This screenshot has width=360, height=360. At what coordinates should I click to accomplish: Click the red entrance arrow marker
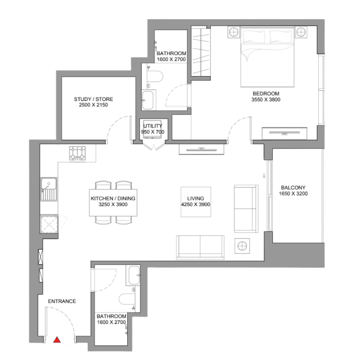pos(57,340)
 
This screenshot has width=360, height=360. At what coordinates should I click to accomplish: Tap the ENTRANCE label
pos(62,301)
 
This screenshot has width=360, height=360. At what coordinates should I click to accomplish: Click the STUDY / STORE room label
pos(93,99)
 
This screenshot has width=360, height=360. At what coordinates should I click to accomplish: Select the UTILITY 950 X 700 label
pos(153,129)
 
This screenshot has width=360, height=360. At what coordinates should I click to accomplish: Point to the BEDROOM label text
pos(266,93)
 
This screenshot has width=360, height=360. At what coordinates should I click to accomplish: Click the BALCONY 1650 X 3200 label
pos(293,190)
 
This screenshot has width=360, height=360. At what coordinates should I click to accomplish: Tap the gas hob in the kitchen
pos(77,153)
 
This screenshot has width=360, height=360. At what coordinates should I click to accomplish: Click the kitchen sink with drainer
pos(49,189)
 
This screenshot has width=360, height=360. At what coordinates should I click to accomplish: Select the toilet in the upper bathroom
pos(155,77)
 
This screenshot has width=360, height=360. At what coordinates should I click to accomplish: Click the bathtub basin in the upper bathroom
pos(149,100)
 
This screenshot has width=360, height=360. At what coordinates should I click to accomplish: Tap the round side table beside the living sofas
pos(242,246)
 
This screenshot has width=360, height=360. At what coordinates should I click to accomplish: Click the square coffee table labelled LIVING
pos(196,202)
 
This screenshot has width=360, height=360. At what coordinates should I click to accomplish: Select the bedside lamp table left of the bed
pos(234,32)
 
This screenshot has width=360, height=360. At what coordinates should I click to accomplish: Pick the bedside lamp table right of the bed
pos(301,32)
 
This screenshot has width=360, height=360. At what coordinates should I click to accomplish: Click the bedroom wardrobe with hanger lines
pos(201,51)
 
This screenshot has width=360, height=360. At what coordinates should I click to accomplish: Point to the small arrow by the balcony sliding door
pos(264,175)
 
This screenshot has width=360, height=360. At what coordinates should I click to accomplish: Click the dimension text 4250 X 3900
pos(196,204)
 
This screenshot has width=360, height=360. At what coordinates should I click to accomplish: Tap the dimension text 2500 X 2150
pos(93,105)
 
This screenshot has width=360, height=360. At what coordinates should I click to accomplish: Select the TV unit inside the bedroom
pos(285,133)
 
